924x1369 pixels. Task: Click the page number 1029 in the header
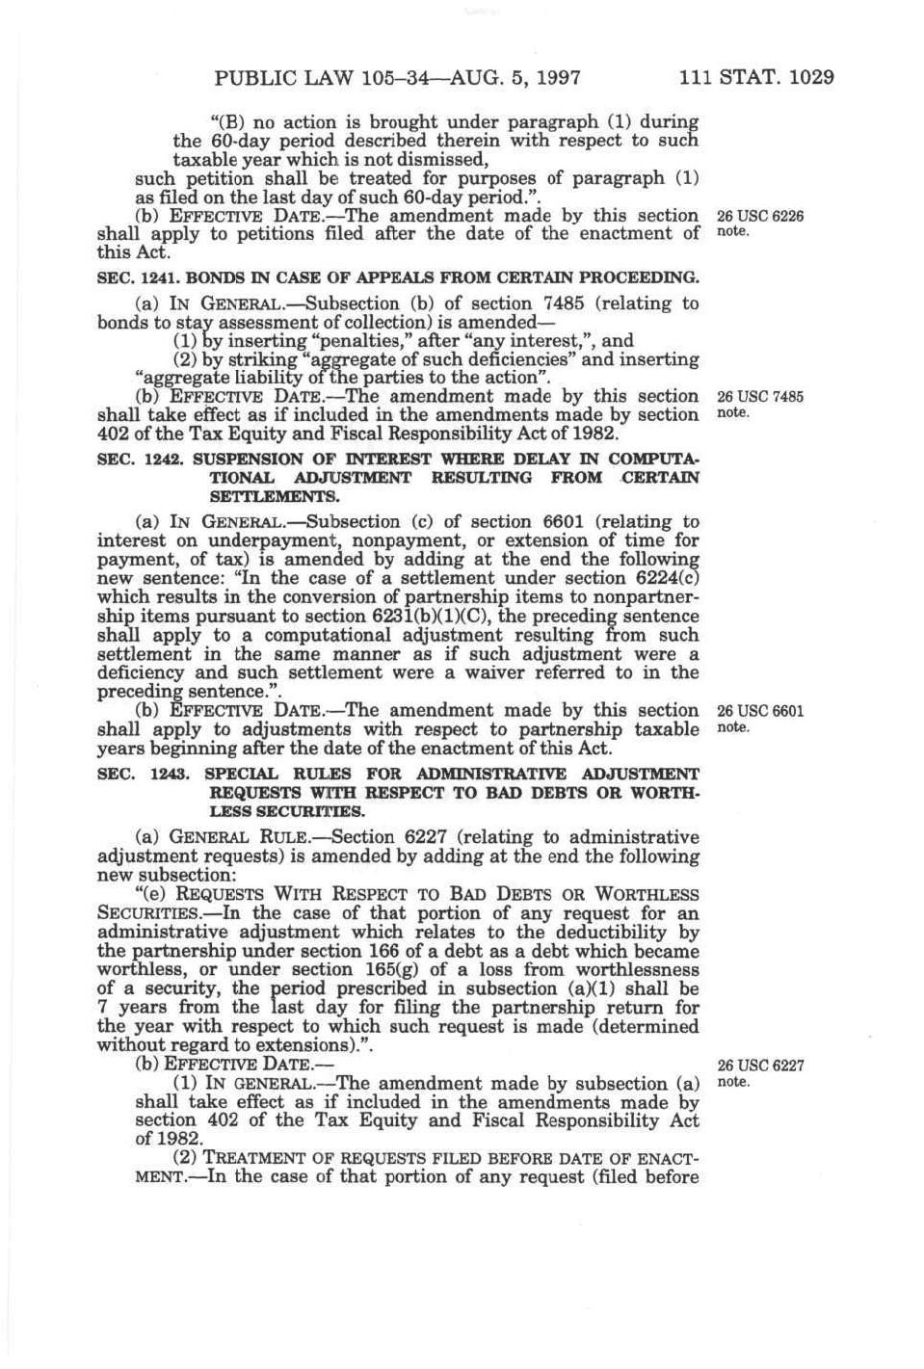pos(810,78)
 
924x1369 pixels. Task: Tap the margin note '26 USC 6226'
pos(760,217)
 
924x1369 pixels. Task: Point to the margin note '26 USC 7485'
pos(760,397)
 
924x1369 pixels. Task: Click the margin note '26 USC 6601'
pos(760,712)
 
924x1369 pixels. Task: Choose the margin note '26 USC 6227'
pos(760,1066)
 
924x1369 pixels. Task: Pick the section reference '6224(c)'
pos(665,579)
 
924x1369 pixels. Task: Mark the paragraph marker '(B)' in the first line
pos(224,122)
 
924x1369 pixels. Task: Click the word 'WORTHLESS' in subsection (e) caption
pos(647,895)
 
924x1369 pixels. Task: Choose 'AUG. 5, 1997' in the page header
pos(517,78)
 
